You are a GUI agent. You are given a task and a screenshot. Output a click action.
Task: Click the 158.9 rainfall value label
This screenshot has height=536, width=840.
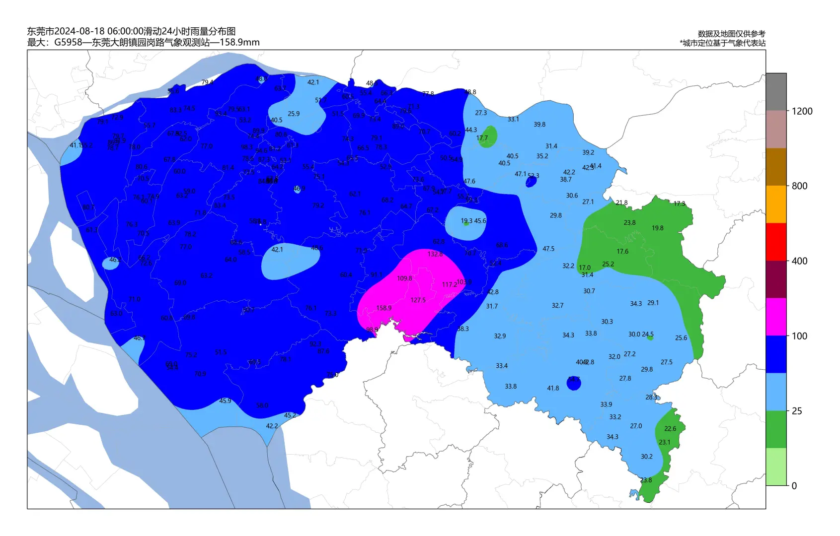383,308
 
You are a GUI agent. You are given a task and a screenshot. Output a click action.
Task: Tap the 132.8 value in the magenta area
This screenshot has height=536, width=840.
435,254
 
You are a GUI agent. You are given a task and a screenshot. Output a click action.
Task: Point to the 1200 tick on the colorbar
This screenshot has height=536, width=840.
802,111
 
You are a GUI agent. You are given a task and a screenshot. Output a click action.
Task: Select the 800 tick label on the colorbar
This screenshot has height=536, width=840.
799,186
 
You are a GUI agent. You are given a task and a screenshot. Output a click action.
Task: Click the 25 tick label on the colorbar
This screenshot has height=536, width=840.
797,411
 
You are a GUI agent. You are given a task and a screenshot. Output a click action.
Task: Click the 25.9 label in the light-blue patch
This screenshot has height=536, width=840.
294,114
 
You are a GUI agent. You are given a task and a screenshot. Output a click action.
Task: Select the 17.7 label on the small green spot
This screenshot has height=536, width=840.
482,138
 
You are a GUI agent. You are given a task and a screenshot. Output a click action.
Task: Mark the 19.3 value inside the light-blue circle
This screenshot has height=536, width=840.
466,221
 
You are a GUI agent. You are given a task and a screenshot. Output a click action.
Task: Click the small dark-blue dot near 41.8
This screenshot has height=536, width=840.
574,383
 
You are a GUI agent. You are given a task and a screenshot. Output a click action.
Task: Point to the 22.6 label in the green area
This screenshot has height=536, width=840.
670,429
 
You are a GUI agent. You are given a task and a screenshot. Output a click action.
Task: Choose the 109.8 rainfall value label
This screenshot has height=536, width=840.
404,278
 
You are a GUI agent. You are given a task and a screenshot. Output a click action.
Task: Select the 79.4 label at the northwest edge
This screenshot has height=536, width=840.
207,82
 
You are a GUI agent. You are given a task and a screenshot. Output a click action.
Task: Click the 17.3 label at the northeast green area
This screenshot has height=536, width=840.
679,204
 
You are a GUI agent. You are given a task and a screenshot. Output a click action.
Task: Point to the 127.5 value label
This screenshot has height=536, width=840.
418,300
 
